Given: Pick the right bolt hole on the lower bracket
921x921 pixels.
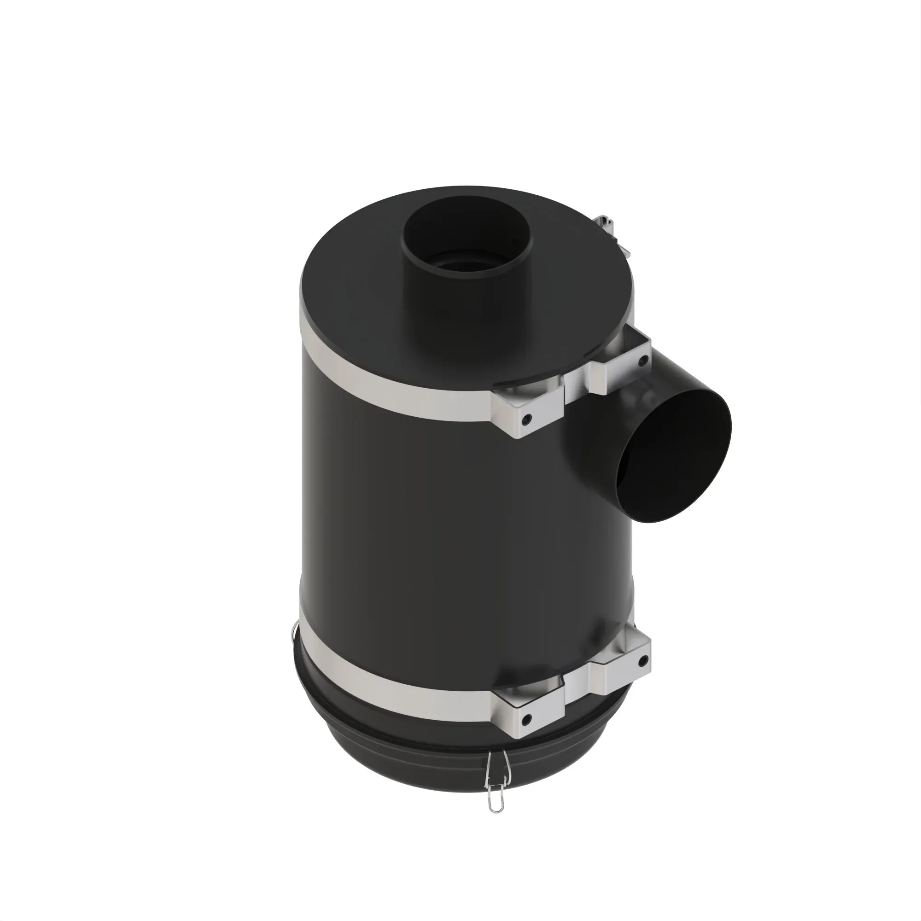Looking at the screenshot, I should [x=644, y=661].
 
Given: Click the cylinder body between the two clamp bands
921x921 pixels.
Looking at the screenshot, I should [x=429, y=525].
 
